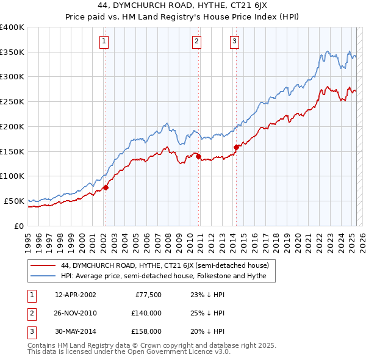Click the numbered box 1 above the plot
pyautogui.click(x=105, y=41)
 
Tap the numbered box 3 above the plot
pyautogui.click(x=235, y=41)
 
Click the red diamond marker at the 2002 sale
pyautogui.click(x=106, y=187)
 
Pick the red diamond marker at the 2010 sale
pyautogui.click(x=199, y=156)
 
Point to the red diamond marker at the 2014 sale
pyautogui.click(x=236, y=146)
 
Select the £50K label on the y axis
pyautogui.click(x=15, y=201)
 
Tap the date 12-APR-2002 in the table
pyautogui.click(x=76, y=295)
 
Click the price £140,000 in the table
pyautogui.click(x=147, y=313)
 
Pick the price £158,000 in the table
pyautogui.click(x=147, y=331)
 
